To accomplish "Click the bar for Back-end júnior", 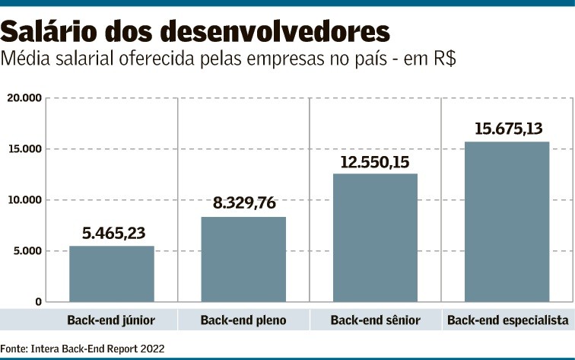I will coord(112,274).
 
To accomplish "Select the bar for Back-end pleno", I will coord(243,260).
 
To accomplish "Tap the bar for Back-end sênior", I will coord(375,237).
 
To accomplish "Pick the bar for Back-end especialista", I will coord(507,221).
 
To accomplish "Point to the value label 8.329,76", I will coord(244,204).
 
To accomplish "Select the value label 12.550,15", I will coord(375,161).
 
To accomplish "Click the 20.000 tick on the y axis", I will coord(24,98).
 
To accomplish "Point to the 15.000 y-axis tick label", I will coord(24,149).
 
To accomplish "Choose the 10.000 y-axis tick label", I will coord(24,200).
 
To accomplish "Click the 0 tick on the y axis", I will coord(38,302).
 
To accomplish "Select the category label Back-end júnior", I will coord(111,320).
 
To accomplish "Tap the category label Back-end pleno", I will coord(243,320).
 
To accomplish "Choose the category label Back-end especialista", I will coord(507,320).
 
